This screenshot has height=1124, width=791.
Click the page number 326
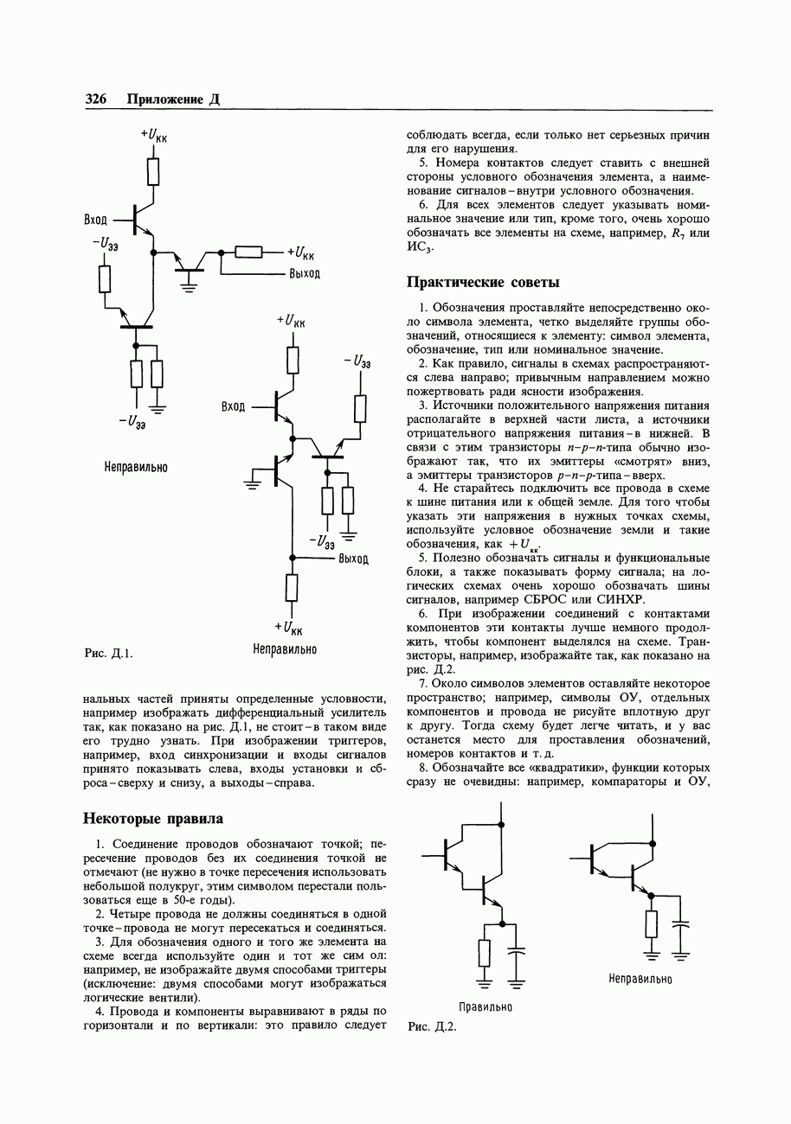pos(95,99)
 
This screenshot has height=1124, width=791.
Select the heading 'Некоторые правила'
pos(152,818)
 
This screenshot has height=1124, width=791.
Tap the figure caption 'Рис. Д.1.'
pos(107,652)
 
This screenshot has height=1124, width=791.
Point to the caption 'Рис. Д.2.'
pos(431,1026)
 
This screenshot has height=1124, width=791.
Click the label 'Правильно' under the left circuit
pos(486,1007)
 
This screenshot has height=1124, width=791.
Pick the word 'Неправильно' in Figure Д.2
pos(640,979)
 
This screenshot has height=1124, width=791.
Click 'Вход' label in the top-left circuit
pos(96,220)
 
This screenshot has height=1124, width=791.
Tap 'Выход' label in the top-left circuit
pos(305,274)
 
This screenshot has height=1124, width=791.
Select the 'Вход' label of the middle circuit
pos(234,406)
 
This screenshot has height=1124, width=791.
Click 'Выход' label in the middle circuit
pos(354,559)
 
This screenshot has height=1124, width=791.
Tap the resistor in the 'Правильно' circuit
pos(485,952)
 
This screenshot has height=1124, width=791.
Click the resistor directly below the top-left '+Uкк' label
pos(153,170)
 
